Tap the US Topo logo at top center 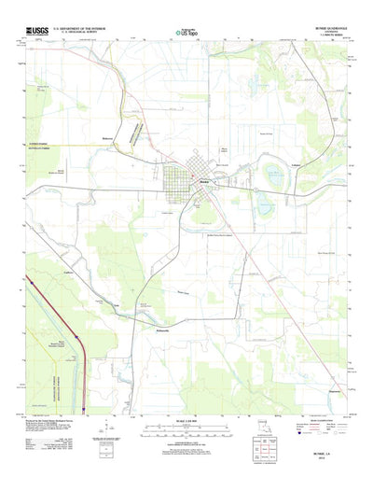point(186,33)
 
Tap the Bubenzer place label point(109,138)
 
